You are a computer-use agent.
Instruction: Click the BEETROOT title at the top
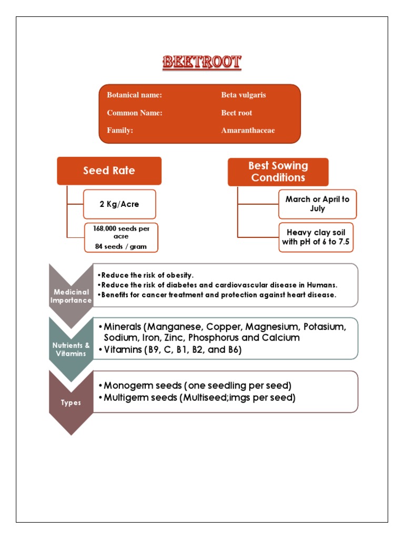201,63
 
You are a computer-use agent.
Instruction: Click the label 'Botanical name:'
134,95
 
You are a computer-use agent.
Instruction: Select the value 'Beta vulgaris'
244,95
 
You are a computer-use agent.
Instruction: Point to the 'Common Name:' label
135,113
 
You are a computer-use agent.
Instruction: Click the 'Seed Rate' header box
109,171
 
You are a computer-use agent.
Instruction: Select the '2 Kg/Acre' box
119,204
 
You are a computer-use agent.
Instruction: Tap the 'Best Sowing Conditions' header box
278,172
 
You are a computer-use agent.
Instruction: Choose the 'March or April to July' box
317,204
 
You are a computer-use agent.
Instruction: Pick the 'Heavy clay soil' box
317,237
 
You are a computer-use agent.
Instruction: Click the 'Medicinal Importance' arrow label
71,296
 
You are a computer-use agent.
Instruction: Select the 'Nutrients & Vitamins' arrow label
71,350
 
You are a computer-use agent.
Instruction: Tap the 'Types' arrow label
71,403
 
